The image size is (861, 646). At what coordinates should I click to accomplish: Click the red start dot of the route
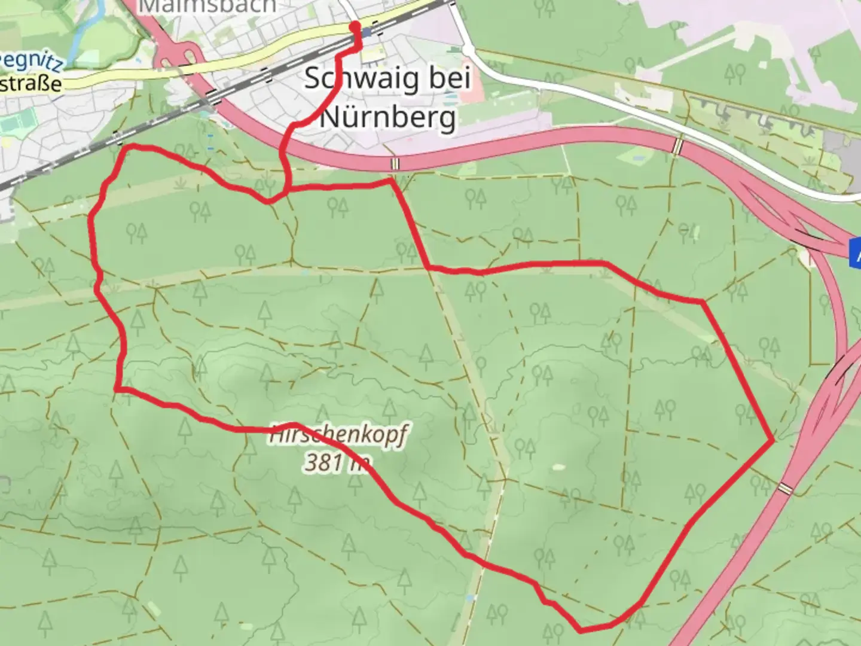(355, 26)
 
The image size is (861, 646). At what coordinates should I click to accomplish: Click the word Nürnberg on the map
(388, 117)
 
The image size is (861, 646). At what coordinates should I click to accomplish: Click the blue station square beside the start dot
(366, 32)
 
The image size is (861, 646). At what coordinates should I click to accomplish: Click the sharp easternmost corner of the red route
(773, 440)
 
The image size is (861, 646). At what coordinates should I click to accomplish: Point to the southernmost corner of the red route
(581, 629)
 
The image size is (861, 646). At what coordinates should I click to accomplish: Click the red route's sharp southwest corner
(117, 389)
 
